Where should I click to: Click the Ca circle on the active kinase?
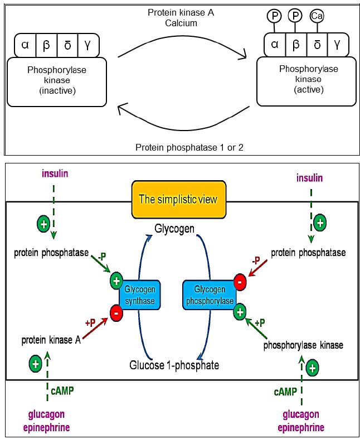pyautogui.click(x=317, y=17)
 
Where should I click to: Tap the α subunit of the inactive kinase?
pyautogui.click(x=25, y=45)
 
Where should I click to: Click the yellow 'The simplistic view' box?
pyautogui.click(x=178, y=199)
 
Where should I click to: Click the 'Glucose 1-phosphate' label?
pyautogui.click(x=174, y=365)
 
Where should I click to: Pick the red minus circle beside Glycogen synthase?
pyautogui.click(x=117, y=312)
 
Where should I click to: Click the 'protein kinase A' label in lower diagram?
pyautogui.click(x=51, y=339)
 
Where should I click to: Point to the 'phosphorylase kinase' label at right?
pyautogui.click(x=303, y=345)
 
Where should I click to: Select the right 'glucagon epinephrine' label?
pyautogui.click(x=301, y=421)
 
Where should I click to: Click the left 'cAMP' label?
pyautogui.click(x=62, y=390)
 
